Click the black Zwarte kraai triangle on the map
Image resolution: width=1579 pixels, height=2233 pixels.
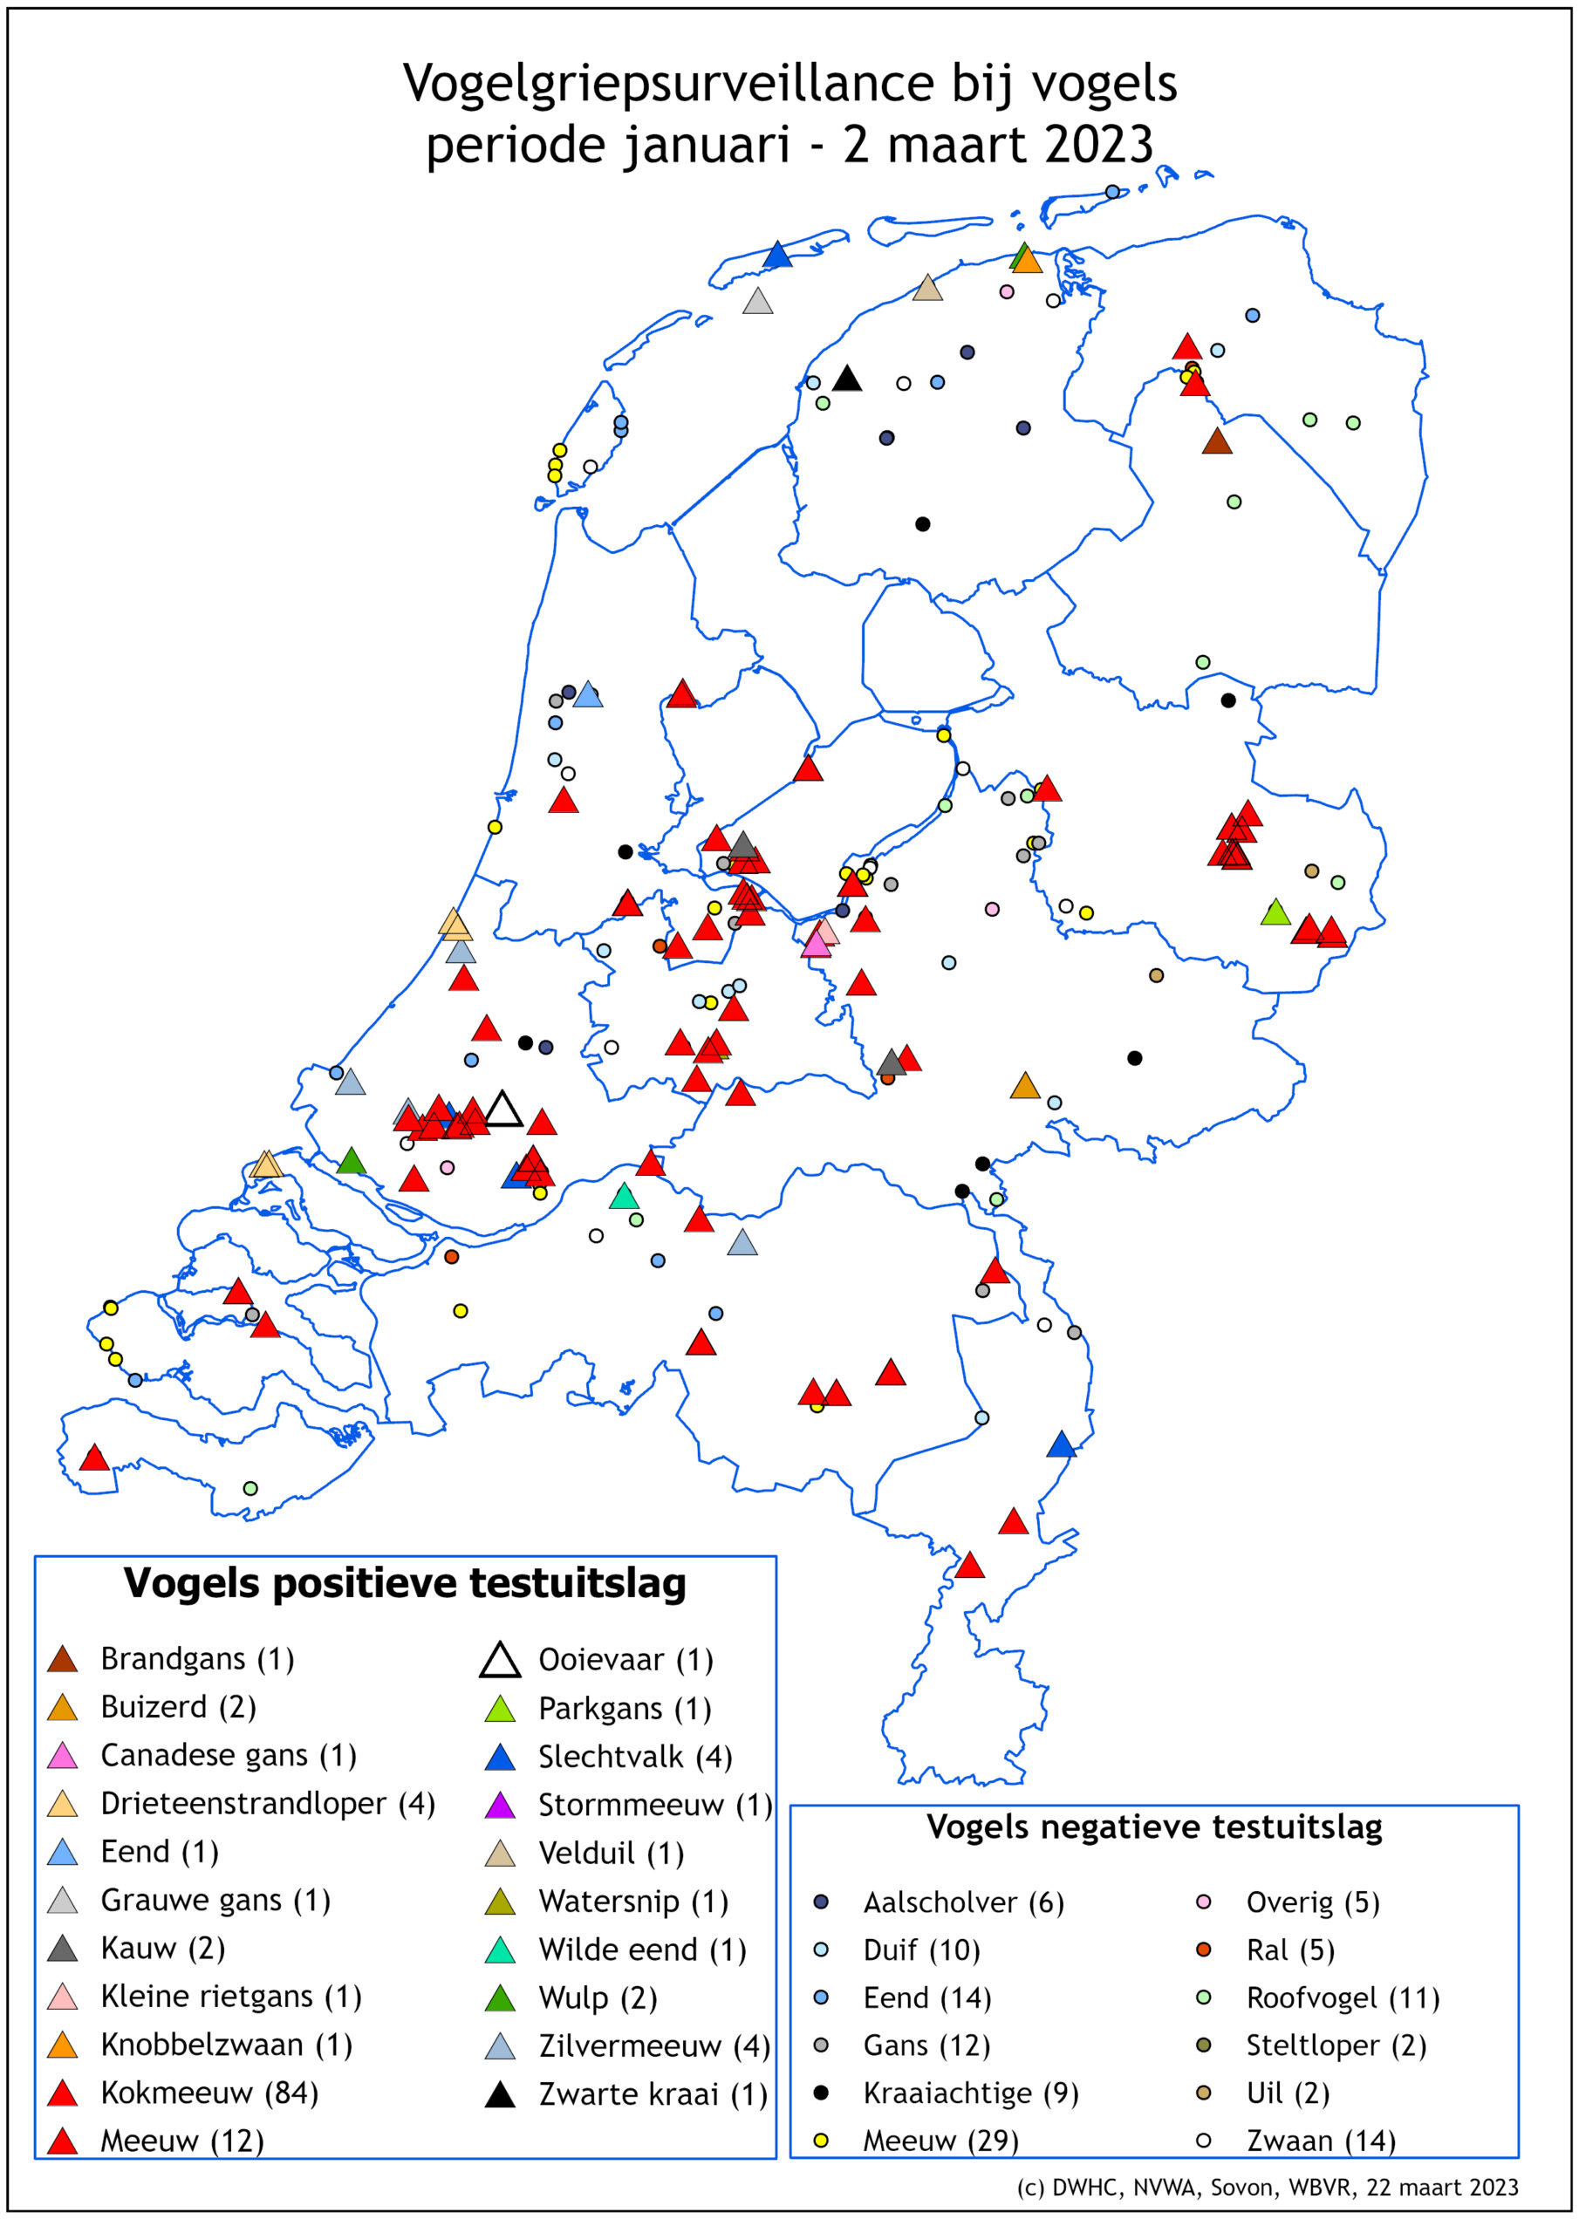click(x=846, y=379)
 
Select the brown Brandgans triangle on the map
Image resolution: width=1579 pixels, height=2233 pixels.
click(x=1216, y=442)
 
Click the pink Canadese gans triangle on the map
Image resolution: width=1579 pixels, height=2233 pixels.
click(x=816, y=945)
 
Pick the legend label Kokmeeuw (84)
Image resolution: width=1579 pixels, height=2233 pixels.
click(x=209, y=2092)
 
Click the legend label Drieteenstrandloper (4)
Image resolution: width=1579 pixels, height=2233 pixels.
click(x=268, y=1803)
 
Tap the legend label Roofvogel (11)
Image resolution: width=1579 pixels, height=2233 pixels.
click(x=1342, y=1997)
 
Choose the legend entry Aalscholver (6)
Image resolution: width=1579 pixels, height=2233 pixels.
click(x=963, y=1902)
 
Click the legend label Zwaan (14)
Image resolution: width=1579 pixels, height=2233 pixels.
click(x=1320, y=2141)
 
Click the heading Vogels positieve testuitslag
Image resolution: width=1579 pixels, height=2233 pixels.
click(x=405, y=1583)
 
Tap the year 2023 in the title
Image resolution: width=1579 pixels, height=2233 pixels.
click(x=1097, y=146)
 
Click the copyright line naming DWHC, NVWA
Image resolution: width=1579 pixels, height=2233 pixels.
click(x=1267, y=2188)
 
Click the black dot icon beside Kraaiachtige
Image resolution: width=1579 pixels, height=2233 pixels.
click(x=820, y=2092)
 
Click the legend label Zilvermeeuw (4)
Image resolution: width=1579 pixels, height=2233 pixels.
click(x=653, y=2046)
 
